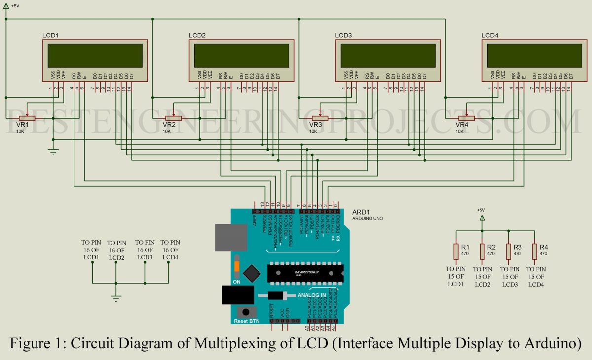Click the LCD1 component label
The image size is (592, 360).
point(51,36)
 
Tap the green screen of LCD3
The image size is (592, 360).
point(388,55)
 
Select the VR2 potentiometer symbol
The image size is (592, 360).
point(173,118)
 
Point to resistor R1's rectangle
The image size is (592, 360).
point(456,252)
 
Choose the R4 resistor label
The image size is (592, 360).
point(543,247)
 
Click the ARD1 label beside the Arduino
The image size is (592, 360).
point(361,212)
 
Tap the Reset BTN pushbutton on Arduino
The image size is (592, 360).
point(243,312)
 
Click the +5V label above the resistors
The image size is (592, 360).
point(481,210)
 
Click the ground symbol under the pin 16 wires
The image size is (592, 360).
point(116,297)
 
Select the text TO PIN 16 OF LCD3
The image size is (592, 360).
point(145,250)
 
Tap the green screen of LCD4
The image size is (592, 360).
point(534,55)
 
